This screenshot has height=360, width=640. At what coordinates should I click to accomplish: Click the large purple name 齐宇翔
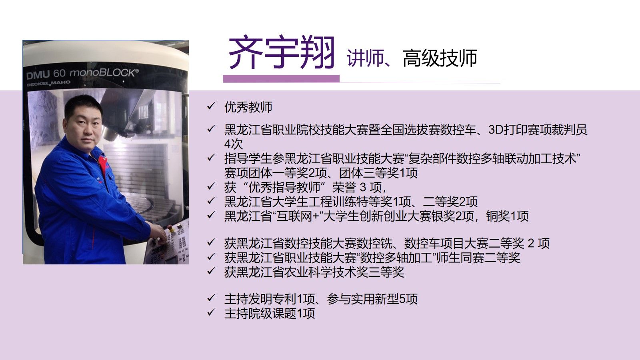click(282, 52)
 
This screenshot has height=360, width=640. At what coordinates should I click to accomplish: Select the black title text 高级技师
click(440, 58)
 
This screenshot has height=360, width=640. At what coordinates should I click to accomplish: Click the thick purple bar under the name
click(281, 78)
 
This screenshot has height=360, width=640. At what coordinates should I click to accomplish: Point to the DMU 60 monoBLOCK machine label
click(82, 73)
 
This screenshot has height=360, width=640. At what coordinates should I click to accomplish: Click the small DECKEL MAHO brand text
click(48, 83)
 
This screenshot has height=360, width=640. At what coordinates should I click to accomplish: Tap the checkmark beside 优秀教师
click(211, 106)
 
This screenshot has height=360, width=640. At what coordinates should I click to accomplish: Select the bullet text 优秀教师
click(248, 107)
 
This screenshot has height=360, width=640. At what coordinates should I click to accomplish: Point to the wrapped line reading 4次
click(234, 144)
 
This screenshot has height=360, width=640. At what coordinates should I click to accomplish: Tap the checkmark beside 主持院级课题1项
click(211, 312)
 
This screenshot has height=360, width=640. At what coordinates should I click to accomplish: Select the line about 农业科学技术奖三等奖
click(314, 272)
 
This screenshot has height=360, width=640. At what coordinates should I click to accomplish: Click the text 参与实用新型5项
click(372, 299)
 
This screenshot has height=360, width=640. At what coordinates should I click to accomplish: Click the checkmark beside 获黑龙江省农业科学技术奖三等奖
click(211, 271)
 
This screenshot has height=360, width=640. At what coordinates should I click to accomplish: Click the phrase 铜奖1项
click(507, 216)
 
